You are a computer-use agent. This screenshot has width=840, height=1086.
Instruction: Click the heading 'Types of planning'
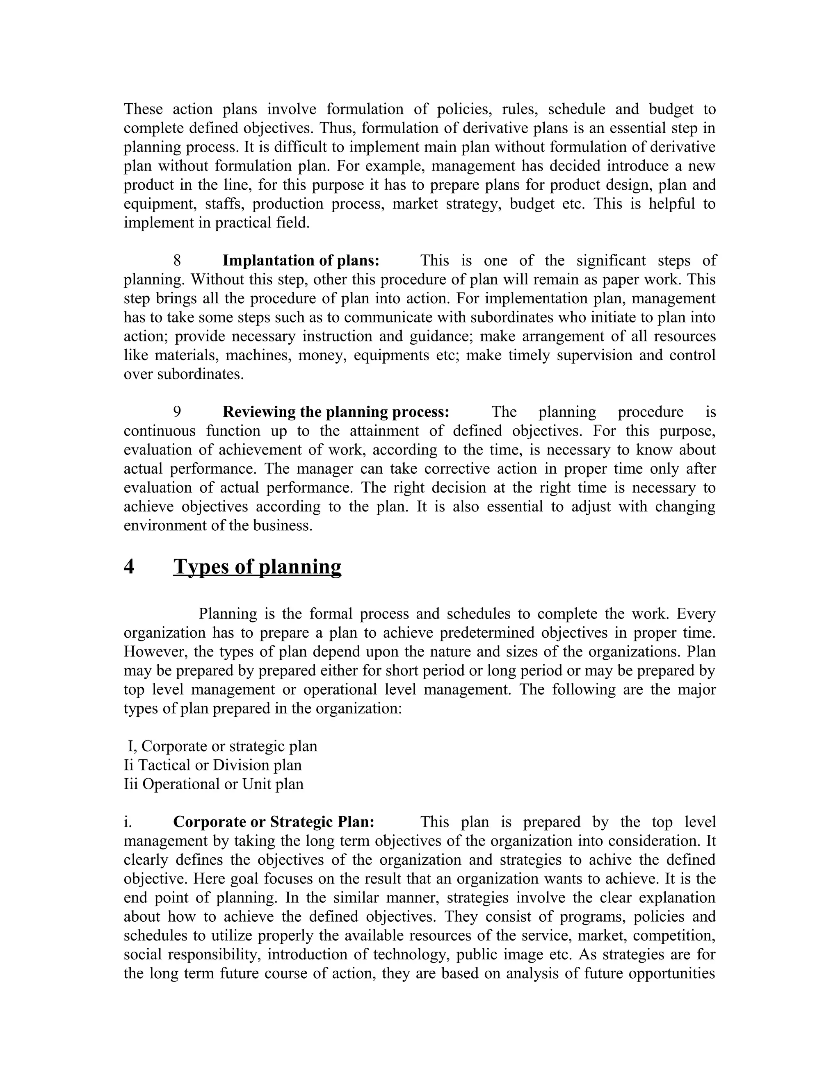click(x=257, y=567)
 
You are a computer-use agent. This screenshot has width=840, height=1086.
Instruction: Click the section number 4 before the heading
click(x=129, y=567)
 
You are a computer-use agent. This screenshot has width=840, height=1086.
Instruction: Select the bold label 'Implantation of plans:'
click(x=301, y=261)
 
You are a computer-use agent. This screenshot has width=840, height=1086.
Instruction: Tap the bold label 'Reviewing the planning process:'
click(x=336, y=412)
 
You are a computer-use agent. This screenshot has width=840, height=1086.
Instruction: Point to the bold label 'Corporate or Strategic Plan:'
click(x=273, y=822)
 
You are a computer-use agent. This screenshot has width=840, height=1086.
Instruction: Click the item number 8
click(x=177, y=261)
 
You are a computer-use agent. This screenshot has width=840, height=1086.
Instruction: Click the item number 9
click(x=177, y=412)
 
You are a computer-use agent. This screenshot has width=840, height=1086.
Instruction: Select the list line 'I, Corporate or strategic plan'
click(x=222, y=746)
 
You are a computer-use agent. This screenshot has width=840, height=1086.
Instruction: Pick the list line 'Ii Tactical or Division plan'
click(x=213, y=765)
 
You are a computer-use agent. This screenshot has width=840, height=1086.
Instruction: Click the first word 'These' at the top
click(x=143, y=109)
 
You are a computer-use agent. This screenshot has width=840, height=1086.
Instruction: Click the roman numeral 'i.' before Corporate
click(x=128, y=822)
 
